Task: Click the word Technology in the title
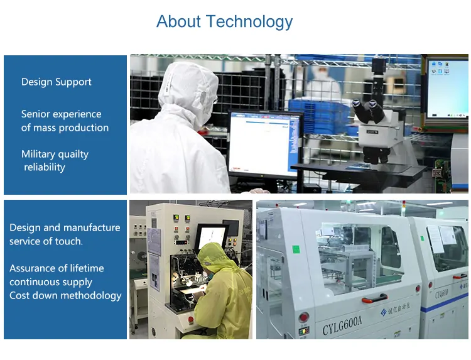point(249,21)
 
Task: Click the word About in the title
point(178,21)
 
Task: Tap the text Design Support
point(56,82)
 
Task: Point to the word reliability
point(45,167)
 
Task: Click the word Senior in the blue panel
point(35,114)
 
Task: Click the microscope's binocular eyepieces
point(368,111)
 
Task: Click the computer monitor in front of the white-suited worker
point(264,145)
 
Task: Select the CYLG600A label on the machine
point(342,325)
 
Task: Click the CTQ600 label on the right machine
point(442,293)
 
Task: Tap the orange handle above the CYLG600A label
point(374,299)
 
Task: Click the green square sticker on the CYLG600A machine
point(296,249)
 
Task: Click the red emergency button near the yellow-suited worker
point(190,319)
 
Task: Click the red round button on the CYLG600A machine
point(303,317)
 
